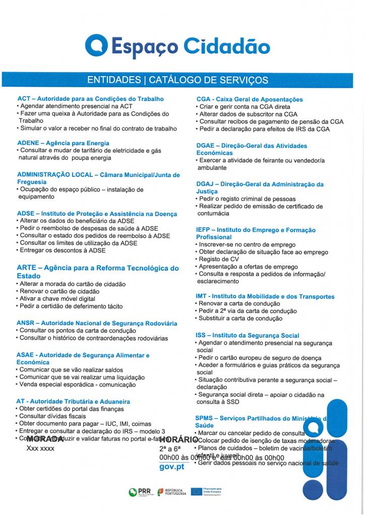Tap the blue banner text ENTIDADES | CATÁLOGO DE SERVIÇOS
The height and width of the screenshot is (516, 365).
pos(177,80)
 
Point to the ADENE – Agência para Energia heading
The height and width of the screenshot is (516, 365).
pos(63,143)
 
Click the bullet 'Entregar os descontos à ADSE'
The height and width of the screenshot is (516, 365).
pos(63,250)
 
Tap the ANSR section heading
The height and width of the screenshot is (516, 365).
pos(97,323)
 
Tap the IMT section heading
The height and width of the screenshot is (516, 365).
pos(265,297)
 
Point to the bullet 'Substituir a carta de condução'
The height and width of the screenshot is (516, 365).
pos(241,319)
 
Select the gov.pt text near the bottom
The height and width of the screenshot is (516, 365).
pos(171,467)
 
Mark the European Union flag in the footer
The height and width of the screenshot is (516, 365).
pos(197,491)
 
